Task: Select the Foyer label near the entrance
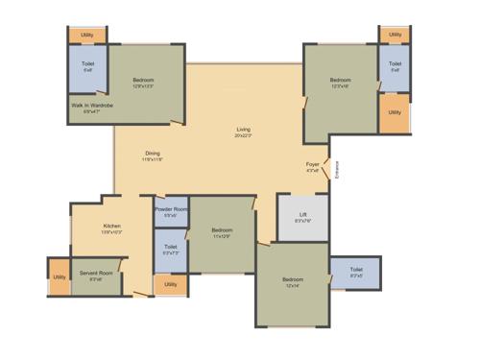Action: (313, 165)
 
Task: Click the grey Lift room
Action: (302, 217)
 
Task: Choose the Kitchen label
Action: (112, 228)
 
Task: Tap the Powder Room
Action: (171, 211)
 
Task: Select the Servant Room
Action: (96, 276)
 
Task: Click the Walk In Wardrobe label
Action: (92, 107)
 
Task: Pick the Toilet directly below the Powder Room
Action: (171, 250)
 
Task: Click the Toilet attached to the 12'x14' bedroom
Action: (356, 273)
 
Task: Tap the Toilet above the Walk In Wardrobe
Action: (87, 67)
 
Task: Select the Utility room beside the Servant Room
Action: (60, 276)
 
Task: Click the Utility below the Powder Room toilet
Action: (171, 284)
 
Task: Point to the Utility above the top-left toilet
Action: (86, 35)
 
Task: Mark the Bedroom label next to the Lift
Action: (293, 280)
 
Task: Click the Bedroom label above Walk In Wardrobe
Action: (143, 81)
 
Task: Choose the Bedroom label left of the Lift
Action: (222, 231)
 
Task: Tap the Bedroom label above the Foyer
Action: (341, 81)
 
